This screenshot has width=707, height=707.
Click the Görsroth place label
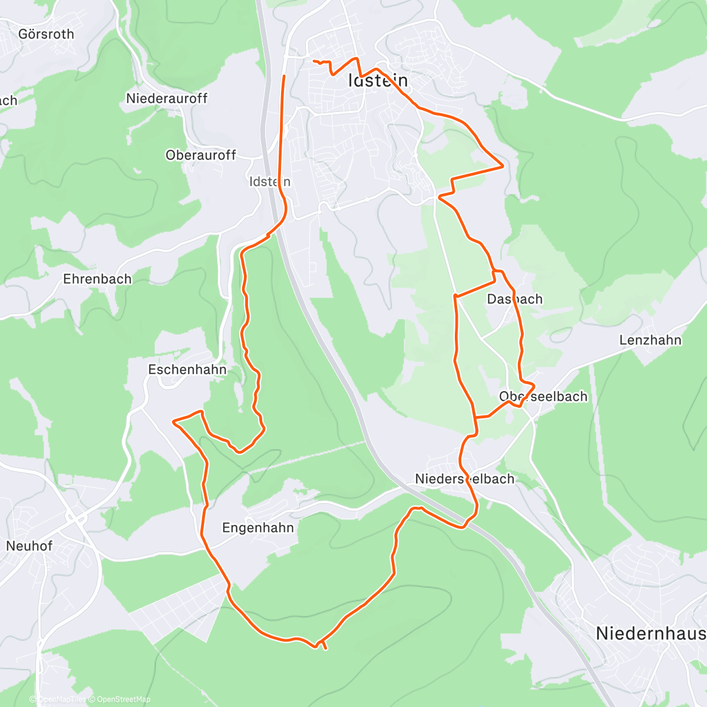(x=46, y=34)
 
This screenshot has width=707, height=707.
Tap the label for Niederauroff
(x=167, y=98)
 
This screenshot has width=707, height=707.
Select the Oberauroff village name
(x=201, y=156)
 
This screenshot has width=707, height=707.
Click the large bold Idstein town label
(x=378, y=81)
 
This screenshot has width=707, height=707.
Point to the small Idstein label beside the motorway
(x=270, y=181)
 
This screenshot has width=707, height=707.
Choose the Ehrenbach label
(x=97, y=279)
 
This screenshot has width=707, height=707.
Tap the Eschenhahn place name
(x=187, y=370)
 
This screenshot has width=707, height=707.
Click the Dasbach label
(x=514, y=299)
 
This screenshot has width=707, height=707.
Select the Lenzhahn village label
(x=650, y=341)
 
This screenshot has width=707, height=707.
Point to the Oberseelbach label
(x=543, y=397)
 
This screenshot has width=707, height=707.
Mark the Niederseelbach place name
(x=465, y=479)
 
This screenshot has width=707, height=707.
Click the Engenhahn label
(x=258, y=528)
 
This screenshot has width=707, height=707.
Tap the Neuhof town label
(x=29, y=546)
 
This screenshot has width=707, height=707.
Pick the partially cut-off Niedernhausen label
(x=650, y=634)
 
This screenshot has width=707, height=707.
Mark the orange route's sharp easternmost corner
(x=503, y=167)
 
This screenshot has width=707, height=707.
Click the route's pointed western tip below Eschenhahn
(x=173, y=421)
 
